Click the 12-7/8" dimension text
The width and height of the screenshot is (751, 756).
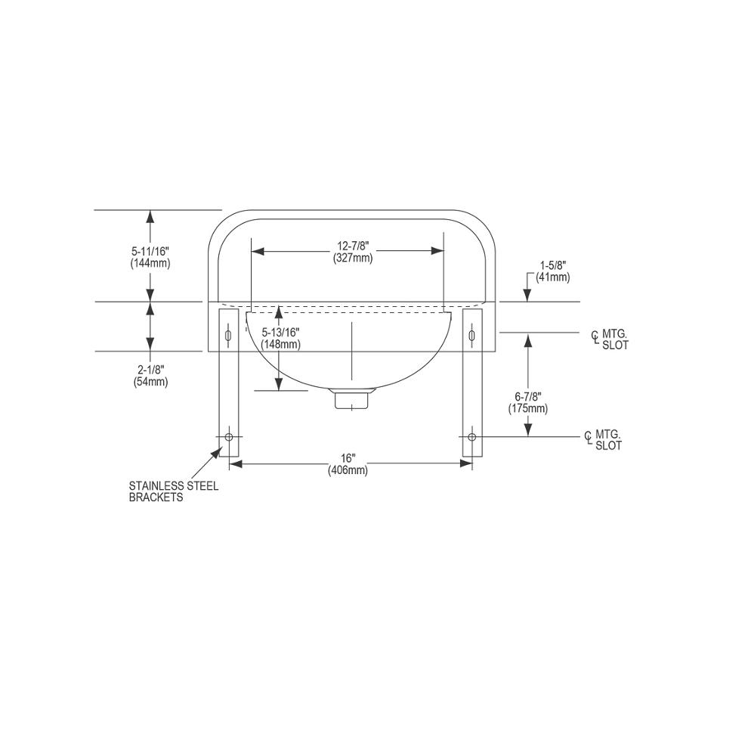pyautogui.click(x=353, y=246)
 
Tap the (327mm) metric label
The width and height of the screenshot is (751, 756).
pyautogui.click(x=353, y=258)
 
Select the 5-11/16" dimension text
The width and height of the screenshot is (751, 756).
pyautogui.click(x=150, y=251)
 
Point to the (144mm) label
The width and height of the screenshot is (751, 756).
pyautogui.click(x=150, y=263)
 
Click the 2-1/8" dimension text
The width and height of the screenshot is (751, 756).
pyautogui.click(x=151, y=370)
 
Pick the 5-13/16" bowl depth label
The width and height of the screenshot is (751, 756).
pyautogui.click(x=281, y=332)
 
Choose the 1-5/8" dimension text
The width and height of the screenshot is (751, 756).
pyautogui.click(x=552, y=265)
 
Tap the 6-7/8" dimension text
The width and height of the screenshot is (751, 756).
pyautogui.click(x=528, y=397)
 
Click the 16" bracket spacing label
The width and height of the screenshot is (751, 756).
pyautogui.click(x=348, y=458)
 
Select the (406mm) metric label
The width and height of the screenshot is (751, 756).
pyautogui.click(x=348, y=470)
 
